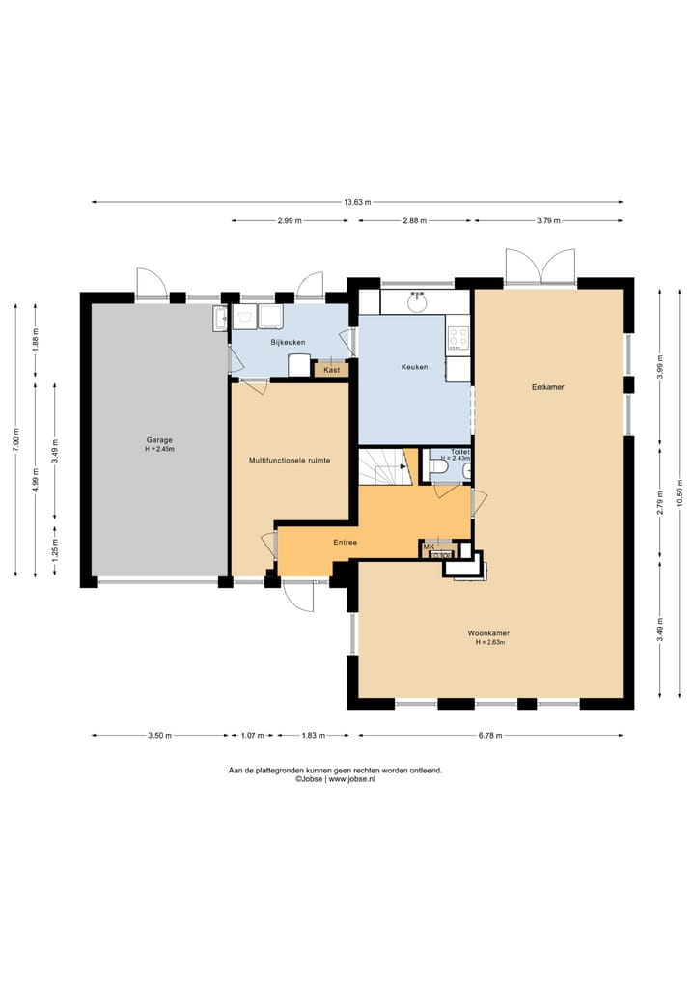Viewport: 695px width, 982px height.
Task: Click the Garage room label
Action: pyautogui.click(x=159, y=440)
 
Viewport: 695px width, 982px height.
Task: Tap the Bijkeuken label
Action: pyautogui.click(x=288, y=342)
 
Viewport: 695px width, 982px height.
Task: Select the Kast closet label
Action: pyautogui.click(x=332, y=370)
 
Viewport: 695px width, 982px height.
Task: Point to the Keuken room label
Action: pyautogui.click(x=414, y=367)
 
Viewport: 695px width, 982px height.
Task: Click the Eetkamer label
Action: pyautogui.click(x=548, y=387)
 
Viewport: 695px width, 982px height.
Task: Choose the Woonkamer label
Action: pyautogui.click(x=488, y=633)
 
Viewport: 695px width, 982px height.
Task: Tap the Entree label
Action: pyautogui.click(x=345, y=542)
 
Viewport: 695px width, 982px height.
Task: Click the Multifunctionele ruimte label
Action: pyautogui.click(x=290, y=461)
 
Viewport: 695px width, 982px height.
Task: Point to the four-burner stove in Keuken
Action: pyautogui.click(x=458, y=338)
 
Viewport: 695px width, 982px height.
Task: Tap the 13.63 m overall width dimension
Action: pyautogui.click(x=357, y=202)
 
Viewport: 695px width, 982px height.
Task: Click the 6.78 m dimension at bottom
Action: pyautogui.click(x=490, y=735)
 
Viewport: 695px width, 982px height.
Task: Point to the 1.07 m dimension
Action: pyautogui.click(x=252, y=735)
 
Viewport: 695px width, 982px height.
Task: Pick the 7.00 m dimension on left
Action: pyautogui.click(x=15, y=439)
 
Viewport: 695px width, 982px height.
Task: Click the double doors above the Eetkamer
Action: pyautogui.click(x=541, y=267)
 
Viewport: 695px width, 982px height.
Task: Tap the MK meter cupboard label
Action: pyautogui.click(x=429, y=547)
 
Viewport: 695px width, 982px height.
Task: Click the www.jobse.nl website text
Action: pyautogui.click(x=352, y=779)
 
